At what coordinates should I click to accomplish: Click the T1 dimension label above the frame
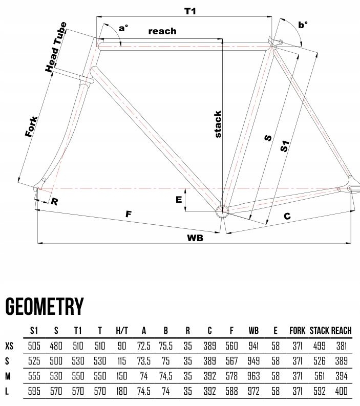(189, 11)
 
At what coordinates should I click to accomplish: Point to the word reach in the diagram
(162, 31)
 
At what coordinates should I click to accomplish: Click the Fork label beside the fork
(32, 126)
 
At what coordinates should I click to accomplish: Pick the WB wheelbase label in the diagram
(195, 239)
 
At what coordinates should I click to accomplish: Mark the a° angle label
(123, 29)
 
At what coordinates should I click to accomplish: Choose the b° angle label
(303, 25)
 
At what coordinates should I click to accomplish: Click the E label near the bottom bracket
(179, 200)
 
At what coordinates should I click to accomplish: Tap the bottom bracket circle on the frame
(222, 210)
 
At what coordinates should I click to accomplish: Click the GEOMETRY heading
(44, 307)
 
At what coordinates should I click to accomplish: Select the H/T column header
(122, 331)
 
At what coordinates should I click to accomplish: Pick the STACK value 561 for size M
(320, 376)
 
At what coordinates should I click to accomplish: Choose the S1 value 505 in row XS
(35, 346)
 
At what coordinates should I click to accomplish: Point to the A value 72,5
(144, 346)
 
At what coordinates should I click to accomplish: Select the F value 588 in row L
(231, 391)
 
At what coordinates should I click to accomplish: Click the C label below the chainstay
(287, 217)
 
